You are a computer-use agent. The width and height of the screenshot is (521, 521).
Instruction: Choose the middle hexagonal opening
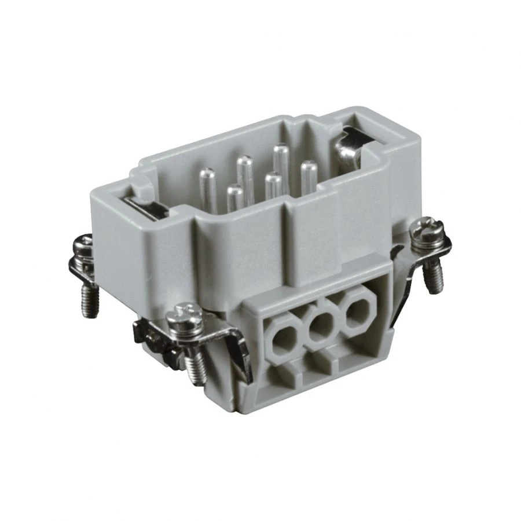(320, 325)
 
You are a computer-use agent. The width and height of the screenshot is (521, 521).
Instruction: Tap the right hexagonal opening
(355, 313)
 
